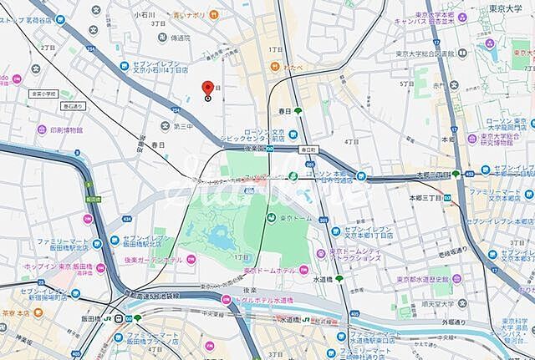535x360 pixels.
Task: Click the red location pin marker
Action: click(x=208, y=88)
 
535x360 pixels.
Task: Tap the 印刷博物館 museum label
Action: click(x=66, y=130)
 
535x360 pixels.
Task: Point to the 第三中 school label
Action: click(x=183, y=126)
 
